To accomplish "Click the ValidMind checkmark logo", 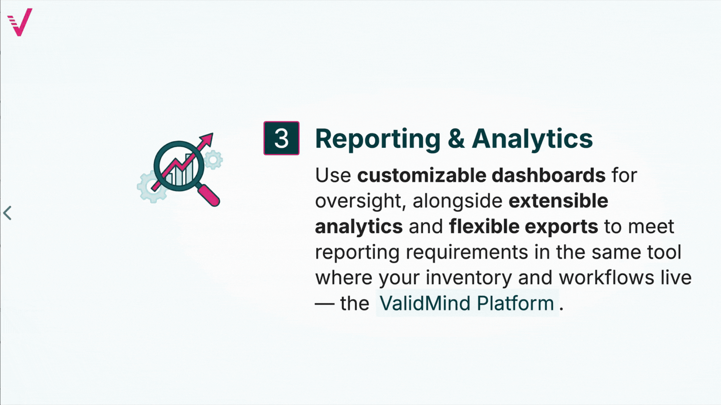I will (20, 22).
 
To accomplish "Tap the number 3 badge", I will (281, 138).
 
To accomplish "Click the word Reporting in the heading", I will (377, 139).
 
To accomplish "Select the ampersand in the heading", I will (456, 138).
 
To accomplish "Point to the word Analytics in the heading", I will (532, 139).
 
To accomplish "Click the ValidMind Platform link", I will (467, 303).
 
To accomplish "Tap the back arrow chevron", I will (8, 213).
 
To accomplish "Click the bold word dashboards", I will (548, 175).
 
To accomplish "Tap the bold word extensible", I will (558, 201).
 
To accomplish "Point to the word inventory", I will (469, 278).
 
